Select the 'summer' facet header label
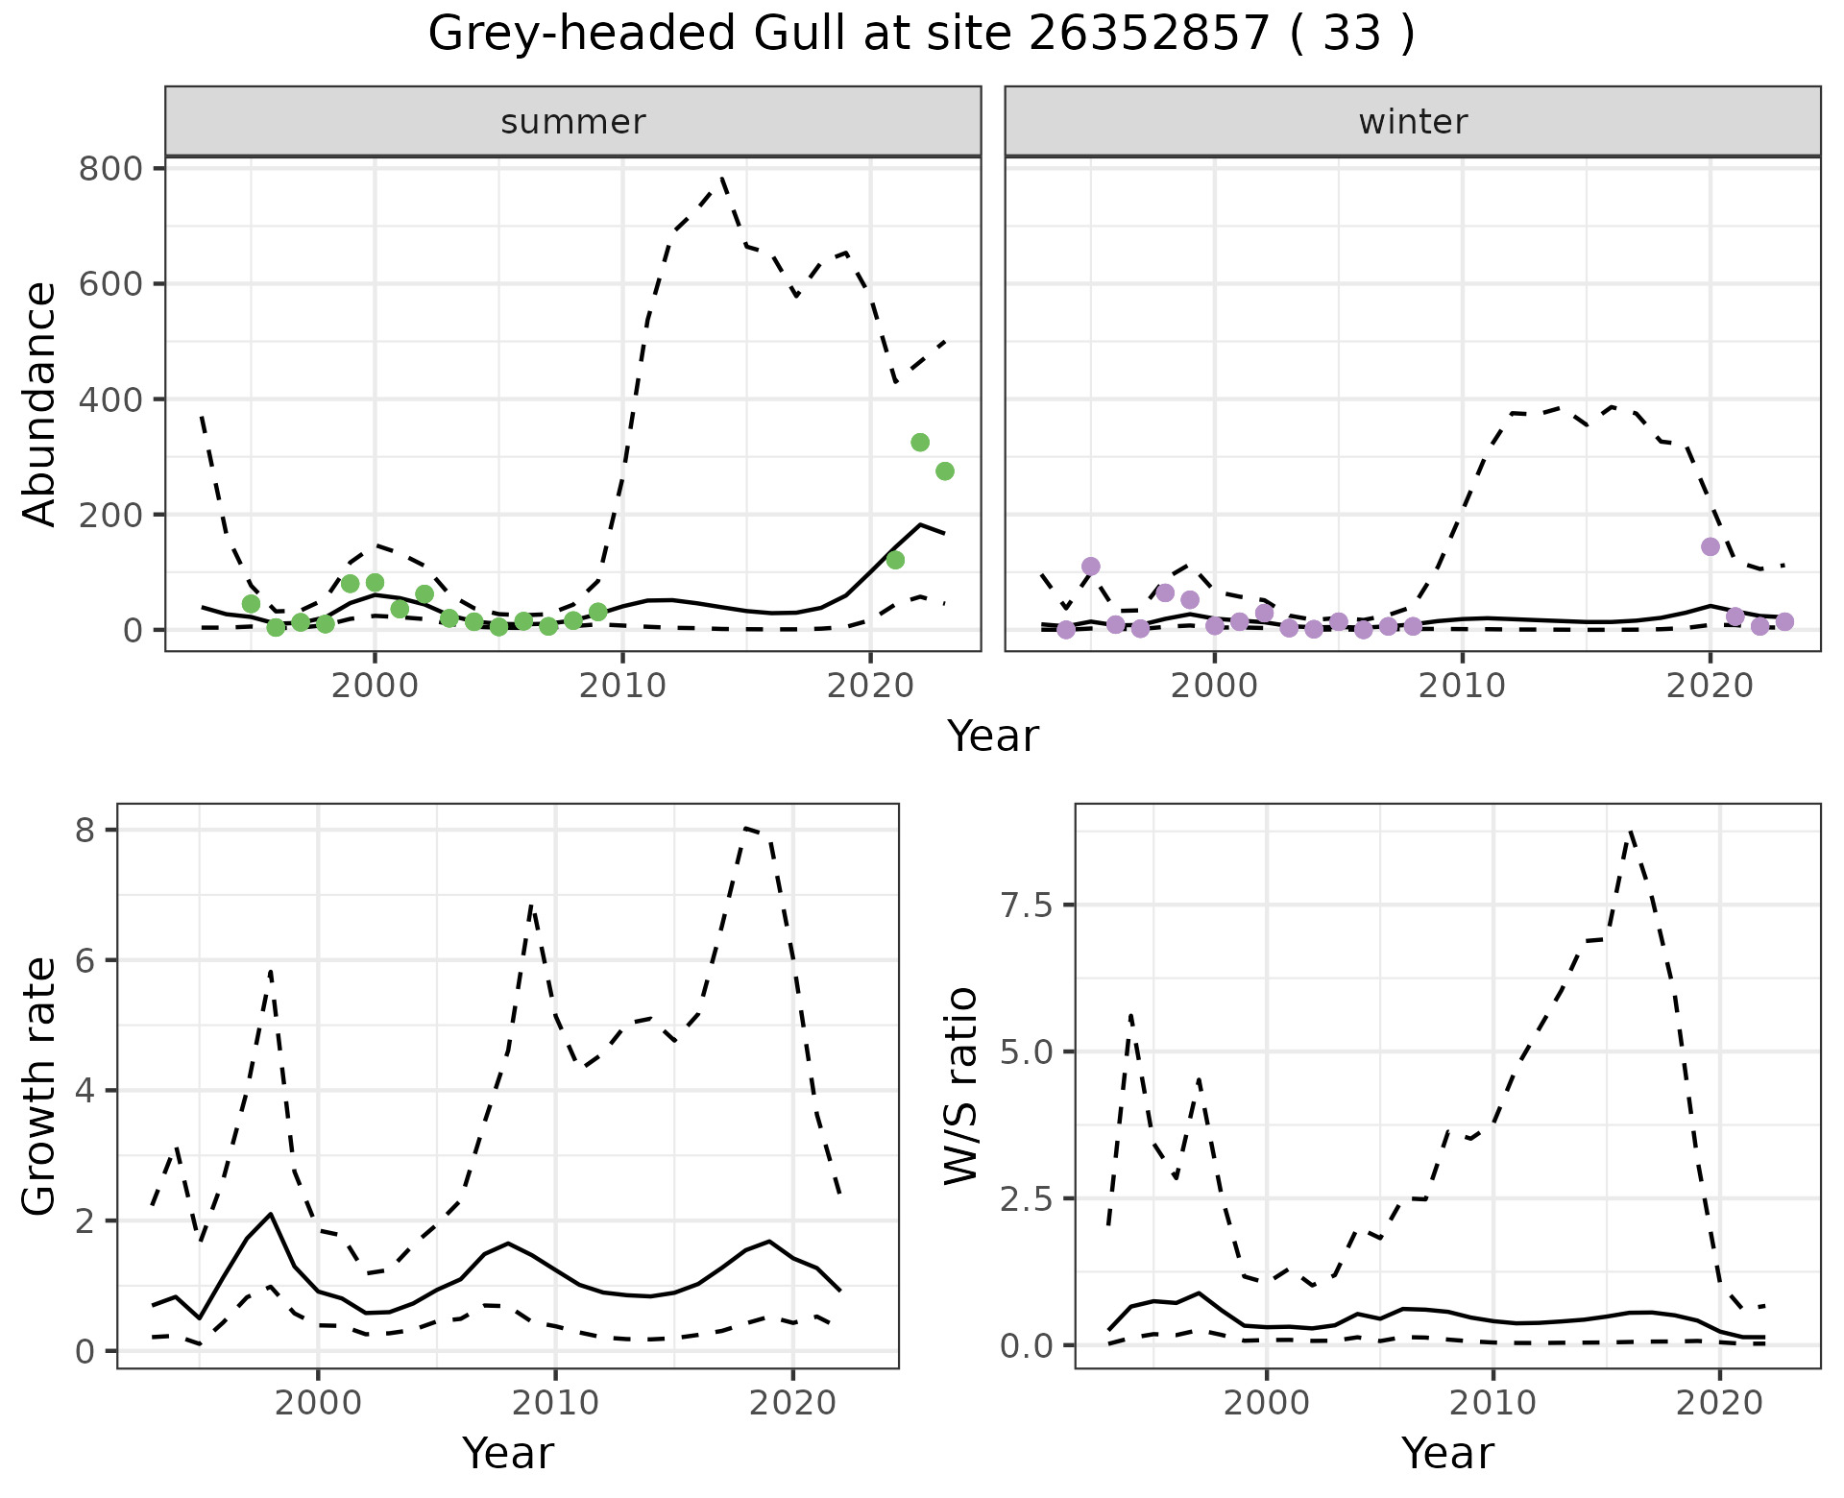573,122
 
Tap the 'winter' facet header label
1413,122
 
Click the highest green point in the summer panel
920,443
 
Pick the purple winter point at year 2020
1710,547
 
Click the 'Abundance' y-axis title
40,403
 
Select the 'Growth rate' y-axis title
40,1087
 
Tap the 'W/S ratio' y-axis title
960,1087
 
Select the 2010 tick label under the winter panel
1462,686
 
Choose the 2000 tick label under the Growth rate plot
318,1403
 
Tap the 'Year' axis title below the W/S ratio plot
1447,1454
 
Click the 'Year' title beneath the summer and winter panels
993,737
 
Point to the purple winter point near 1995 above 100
1090,567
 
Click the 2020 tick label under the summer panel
869,686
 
